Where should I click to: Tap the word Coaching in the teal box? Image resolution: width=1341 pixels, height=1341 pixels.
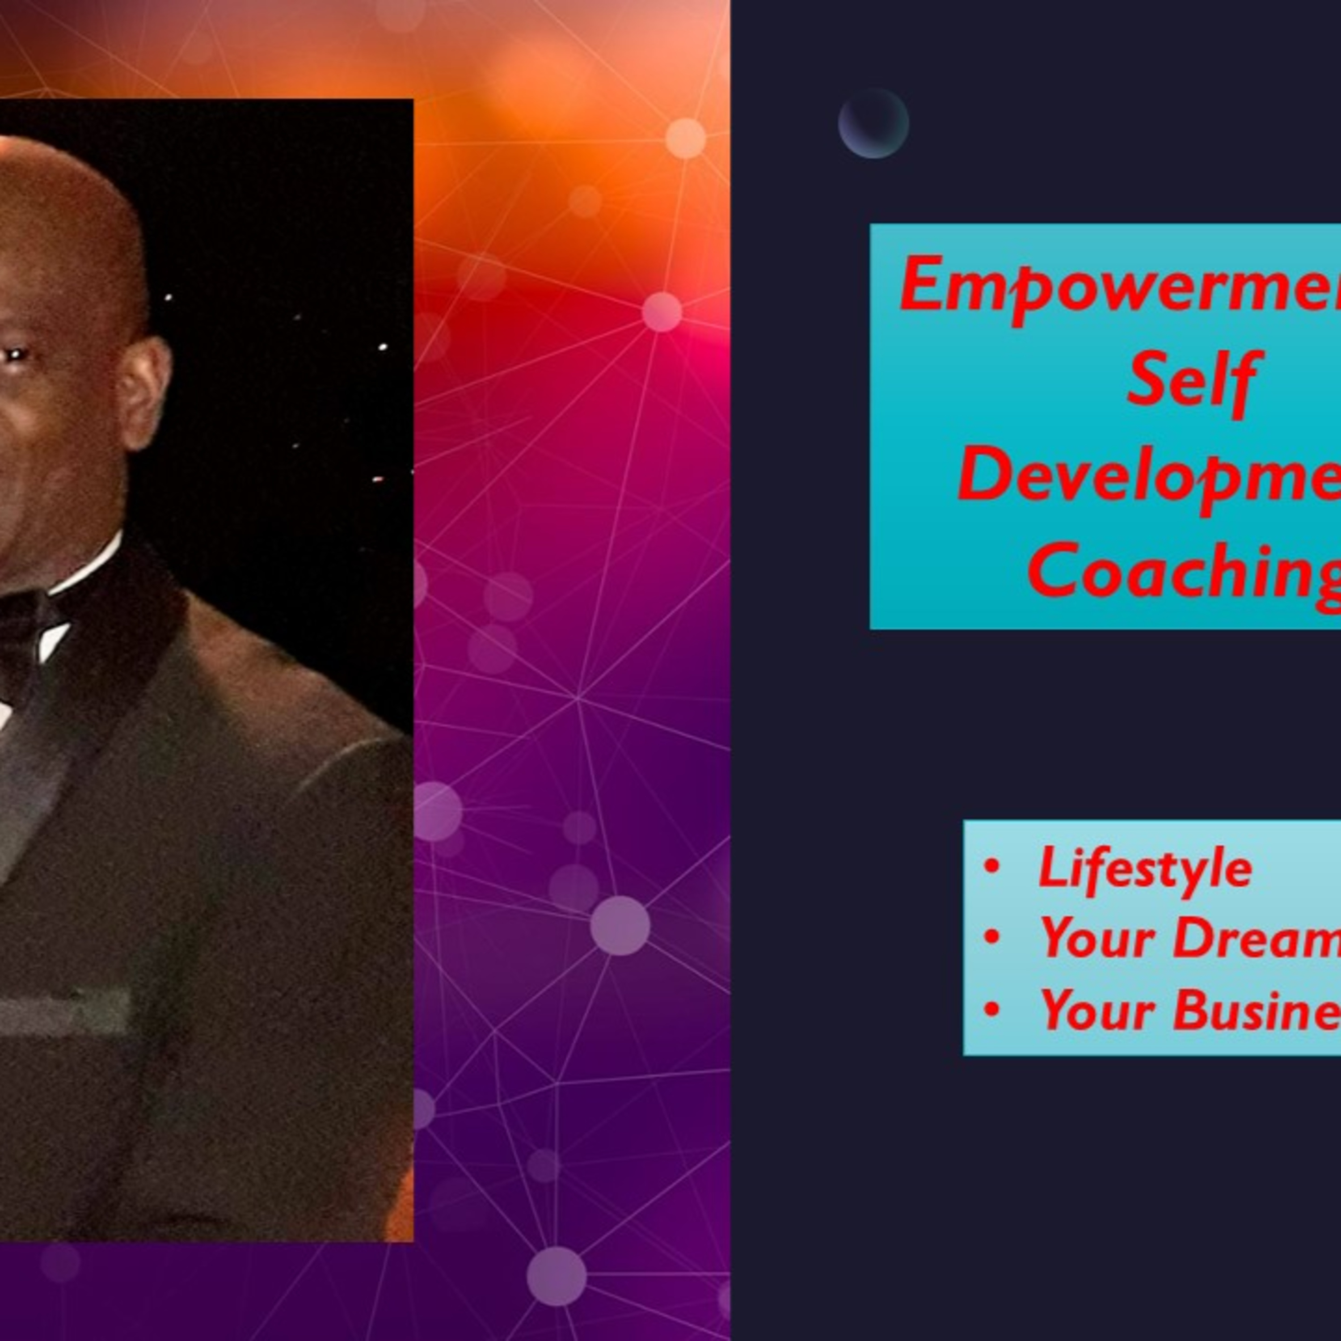pyautogui.click(x=1184, y=571)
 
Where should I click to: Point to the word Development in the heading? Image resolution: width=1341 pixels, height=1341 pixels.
pyautogui.click(x=1149, y=476)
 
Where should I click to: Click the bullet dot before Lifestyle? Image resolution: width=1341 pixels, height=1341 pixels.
pyautogui.click(x=992, y=866)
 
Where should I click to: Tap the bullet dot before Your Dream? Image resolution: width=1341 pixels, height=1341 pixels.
pyautogui.click(x=992, y=937)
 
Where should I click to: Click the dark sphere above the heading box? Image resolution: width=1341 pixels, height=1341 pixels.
pyautogui.click(x=873, y=123)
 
